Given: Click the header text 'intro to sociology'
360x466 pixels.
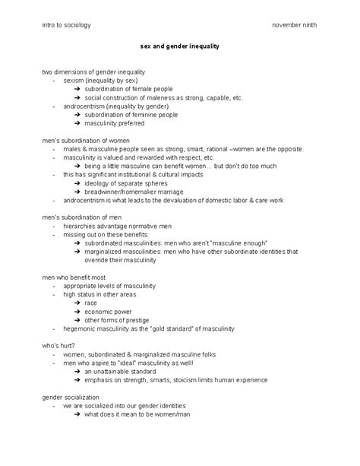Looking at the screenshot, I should tap(66, 24).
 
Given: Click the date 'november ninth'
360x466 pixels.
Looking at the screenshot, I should tap(295, 24).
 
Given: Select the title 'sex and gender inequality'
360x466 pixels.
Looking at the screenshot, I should tap(180, 46).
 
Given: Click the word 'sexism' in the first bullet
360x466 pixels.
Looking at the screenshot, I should tap(74, 80).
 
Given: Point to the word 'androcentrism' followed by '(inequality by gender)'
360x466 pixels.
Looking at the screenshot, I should tap(84, 106).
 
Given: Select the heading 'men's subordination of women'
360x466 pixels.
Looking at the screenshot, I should tap(86, 141).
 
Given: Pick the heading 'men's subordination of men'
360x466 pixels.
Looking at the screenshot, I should tap(81, 216).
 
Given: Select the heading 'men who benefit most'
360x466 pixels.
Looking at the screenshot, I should tap(74, 277).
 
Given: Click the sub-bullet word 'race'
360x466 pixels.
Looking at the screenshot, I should tap(90, 303).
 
